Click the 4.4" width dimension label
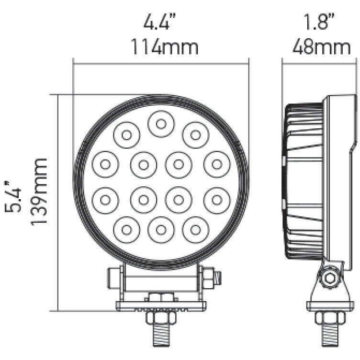161,23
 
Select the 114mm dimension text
161,46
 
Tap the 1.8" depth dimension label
319,23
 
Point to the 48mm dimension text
319,46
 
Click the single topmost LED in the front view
161,124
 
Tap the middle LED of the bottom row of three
161,229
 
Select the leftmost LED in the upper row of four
105,164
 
